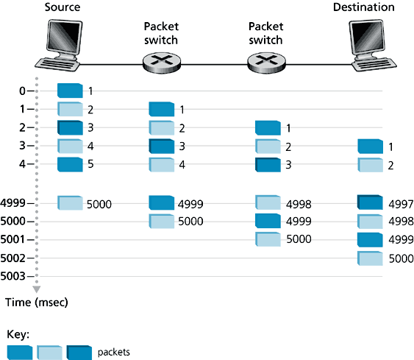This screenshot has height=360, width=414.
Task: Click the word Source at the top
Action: [62, 7]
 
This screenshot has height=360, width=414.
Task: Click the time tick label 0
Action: [22, 91]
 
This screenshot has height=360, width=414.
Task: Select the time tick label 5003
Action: [15, 277]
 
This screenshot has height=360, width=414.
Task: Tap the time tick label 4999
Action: [15, 202]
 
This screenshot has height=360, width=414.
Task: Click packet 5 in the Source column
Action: [70, 163]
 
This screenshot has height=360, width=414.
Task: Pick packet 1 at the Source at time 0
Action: [70, 91]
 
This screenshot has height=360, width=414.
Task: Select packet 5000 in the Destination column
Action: [370, 258]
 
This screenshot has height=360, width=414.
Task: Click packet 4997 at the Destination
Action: [370, 202]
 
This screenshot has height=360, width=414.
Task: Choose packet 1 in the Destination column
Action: [370, 147]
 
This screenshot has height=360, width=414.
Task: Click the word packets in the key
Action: [114, 352]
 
